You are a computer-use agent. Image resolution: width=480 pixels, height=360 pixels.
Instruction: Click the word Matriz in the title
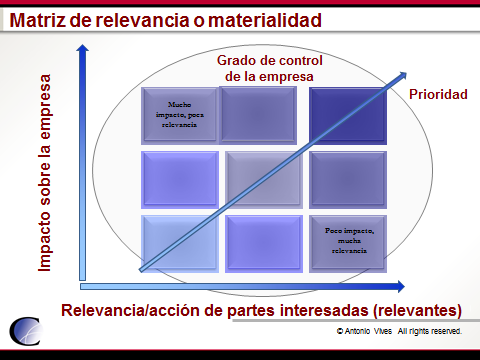[41, 19]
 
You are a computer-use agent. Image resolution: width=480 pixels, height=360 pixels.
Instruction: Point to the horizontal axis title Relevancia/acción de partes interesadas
[261, 308]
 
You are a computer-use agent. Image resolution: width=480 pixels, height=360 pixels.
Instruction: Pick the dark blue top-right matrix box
[345, 114]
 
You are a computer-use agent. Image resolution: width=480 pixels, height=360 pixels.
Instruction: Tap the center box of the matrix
[262, 178]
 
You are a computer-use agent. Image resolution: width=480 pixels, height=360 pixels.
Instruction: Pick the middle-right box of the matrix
[345, 178]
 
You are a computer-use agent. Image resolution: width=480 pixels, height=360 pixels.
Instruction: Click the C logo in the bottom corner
[26, 334]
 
